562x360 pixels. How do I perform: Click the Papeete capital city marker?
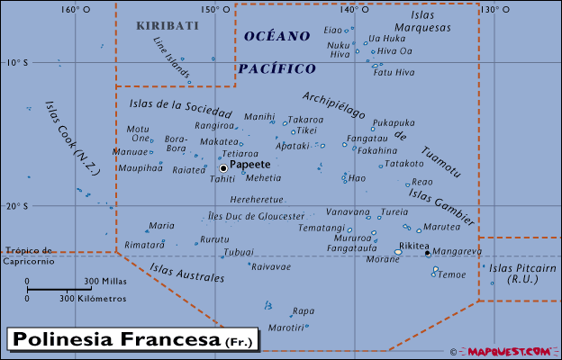point(223,166)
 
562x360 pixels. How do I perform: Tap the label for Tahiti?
point(222,178)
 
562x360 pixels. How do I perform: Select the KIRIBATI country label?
point(167,26)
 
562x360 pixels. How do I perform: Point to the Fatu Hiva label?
point(394,72)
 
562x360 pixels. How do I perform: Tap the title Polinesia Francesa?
point(113,340)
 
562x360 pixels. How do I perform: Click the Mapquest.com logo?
point(504,351)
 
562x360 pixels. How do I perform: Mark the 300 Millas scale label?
point(104,281)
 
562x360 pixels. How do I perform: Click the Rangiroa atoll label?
point(213,126)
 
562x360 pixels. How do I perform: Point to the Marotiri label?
point(285,327)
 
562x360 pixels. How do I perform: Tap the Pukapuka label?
point(394,122)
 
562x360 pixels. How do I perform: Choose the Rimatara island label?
point(144,244)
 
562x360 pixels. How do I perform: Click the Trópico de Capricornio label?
point(30,256)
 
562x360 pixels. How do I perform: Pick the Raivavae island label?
point(271,266)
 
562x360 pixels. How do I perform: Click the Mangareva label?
point(457,251)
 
